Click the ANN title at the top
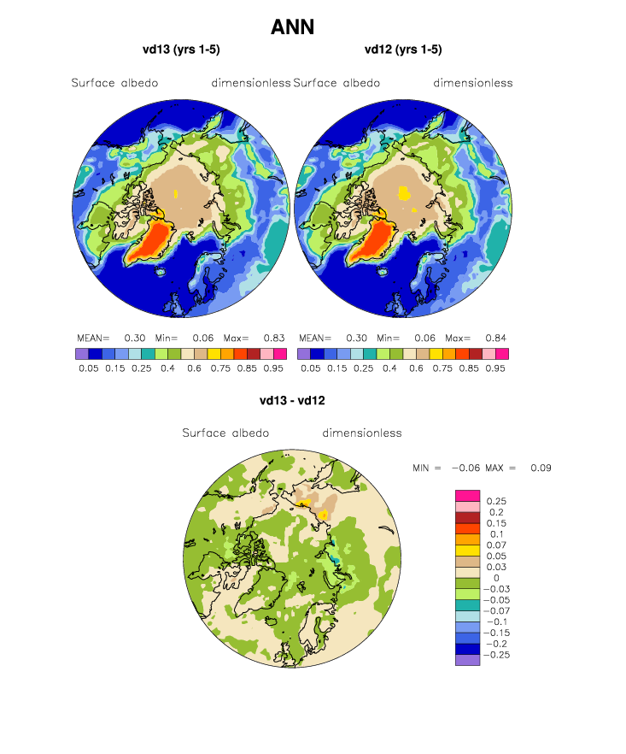click(293, 27)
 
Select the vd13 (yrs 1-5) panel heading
click(181, 50)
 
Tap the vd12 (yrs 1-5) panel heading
click(403, 50)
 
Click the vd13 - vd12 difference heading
click(292, 401)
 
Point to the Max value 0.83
click(274, 338)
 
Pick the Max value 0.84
click(496, 338)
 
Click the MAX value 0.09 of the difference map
click(541, 468)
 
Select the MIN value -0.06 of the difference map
click(465, 468)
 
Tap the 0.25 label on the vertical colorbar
click(496, 501)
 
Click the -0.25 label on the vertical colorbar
click(496, 655)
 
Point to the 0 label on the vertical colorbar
click(496, 578)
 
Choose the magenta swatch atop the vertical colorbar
click(467, 496)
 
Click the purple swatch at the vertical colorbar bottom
click(467, 660)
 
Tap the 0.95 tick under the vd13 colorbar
click(273, 368)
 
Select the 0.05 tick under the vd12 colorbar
click(311, 368)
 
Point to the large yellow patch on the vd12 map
click(404, 193)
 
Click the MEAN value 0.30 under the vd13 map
click(135, 338)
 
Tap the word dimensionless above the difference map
click(362, 433)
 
